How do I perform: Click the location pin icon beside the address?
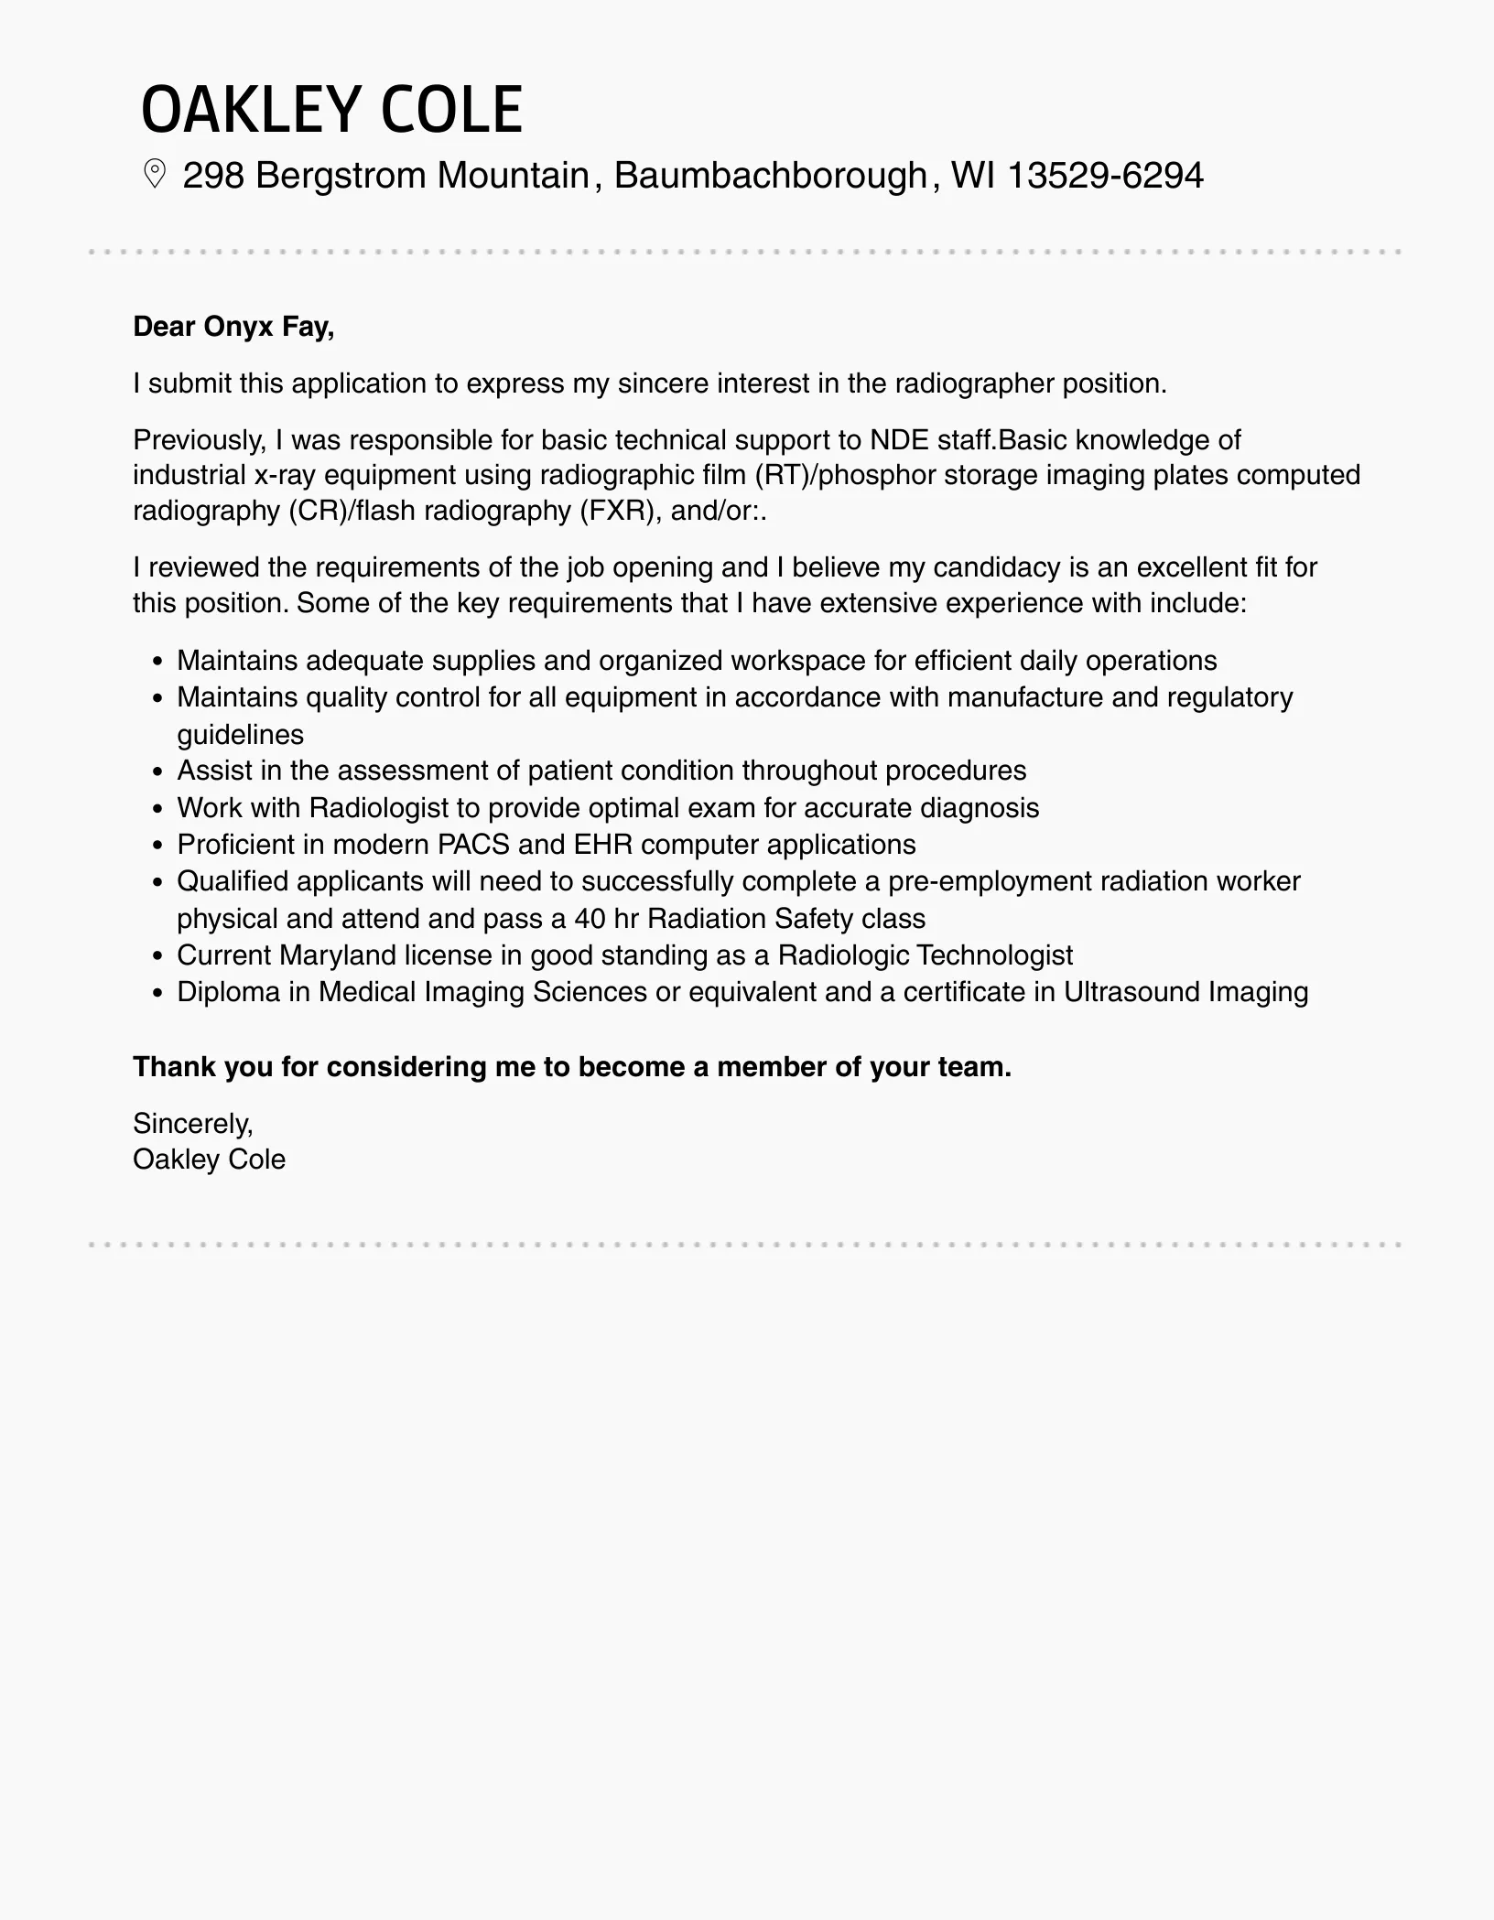[x=155, y=174]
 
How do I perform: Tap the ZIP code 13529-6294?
[x=1105, y=175]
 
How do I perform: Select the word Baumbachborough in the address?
[x=770, y=175]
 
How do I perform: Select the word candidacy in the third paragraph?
[x=996, y=567]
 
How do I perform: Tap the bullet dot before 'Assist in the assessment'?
[x=158, y=772]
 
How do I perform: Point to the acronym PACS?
[x=474, y=845]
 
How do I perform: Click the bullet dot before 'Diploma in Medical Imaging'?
[x=158, y=993]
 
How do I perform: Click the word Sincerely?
[x=192, y=1123]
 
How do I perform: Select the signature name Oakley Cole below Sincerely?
[x=209, y=1160]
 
